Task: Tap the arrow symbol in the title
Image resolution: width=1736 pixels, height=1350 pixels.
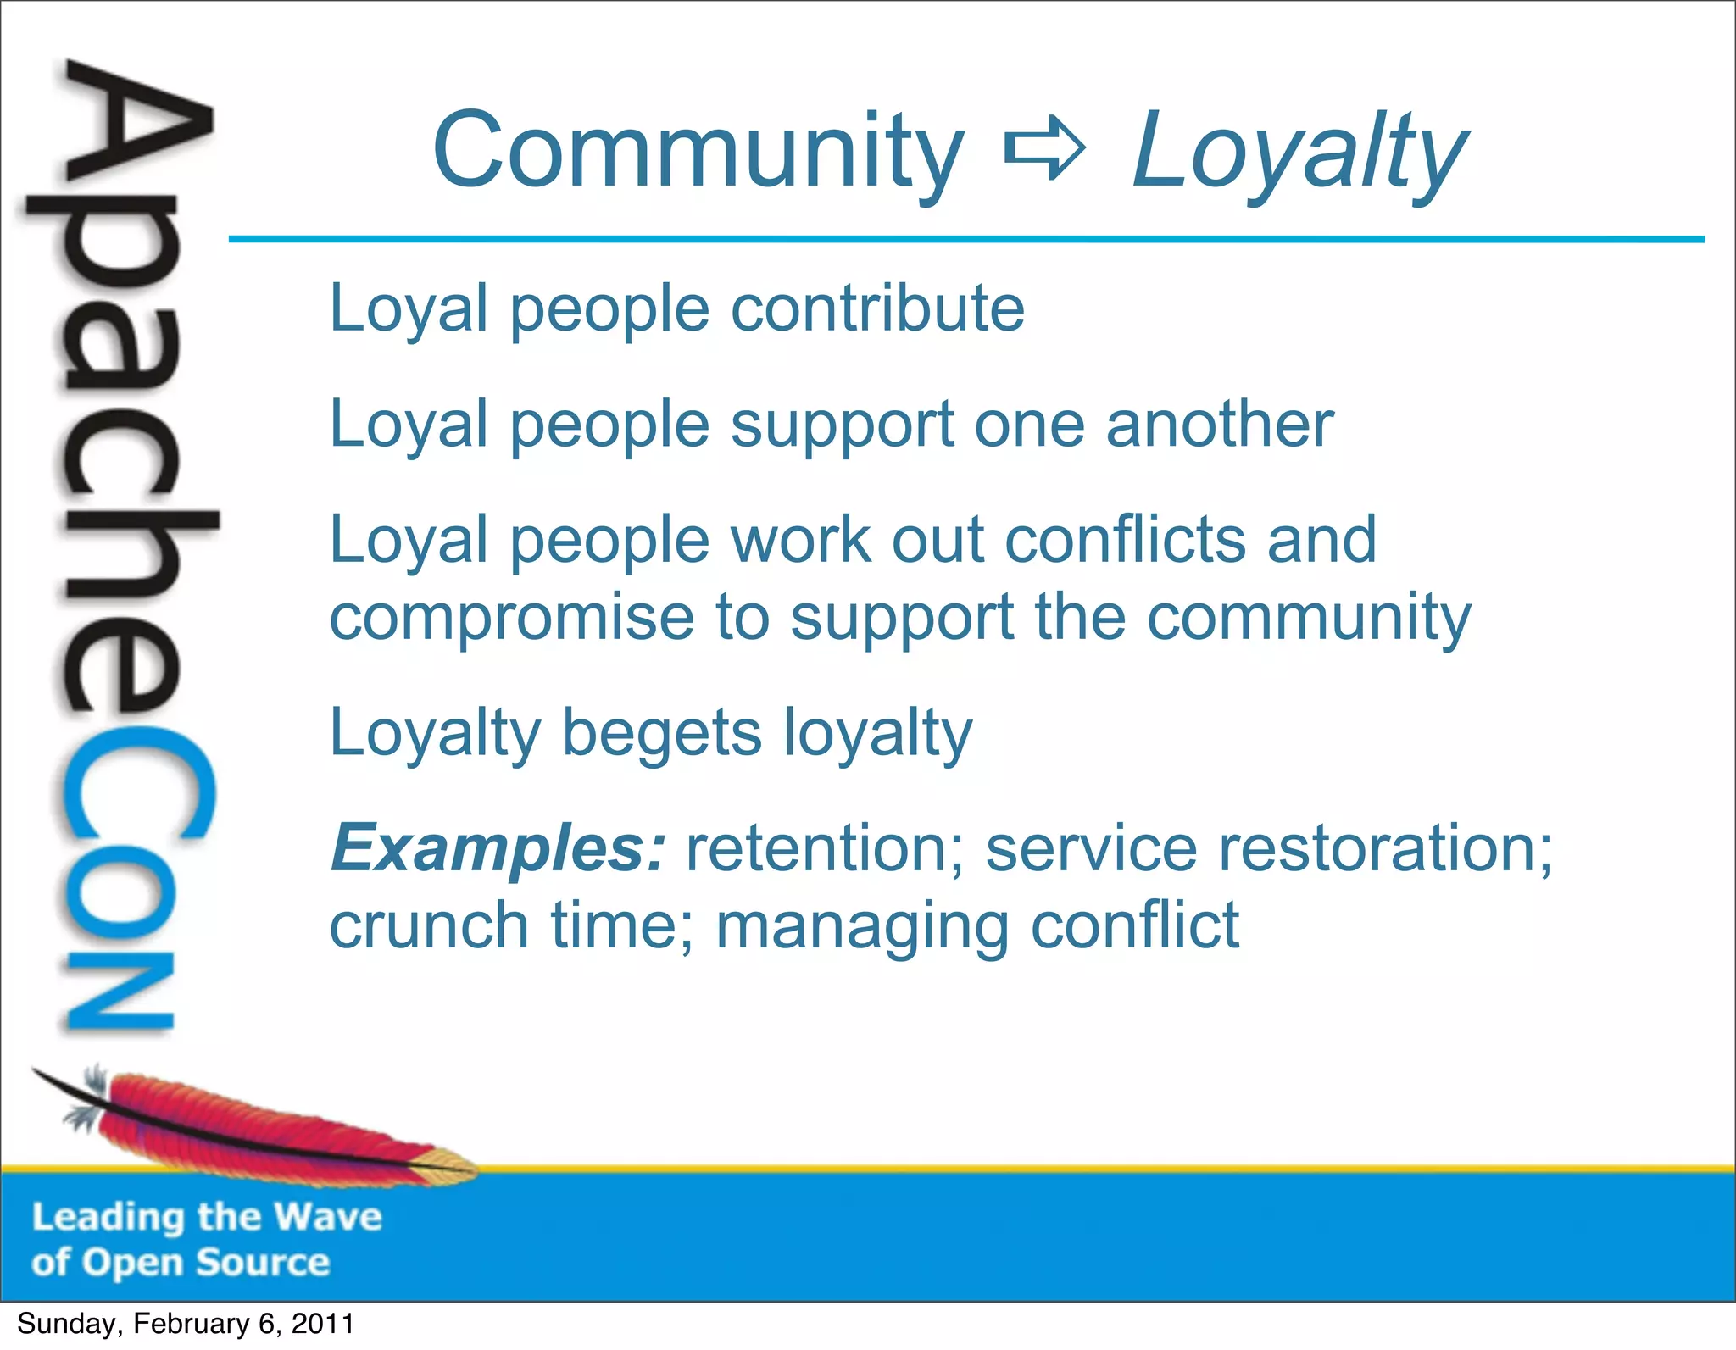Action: pos(1044,150)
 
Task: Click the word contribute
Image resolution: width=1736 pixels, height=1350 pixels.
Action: pos(877,308)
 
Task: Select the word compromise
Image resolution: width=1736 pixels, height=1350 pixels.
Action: pos(511,618)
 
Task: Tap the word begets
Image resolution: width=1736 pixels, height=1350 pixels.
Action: pos(661,733)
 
